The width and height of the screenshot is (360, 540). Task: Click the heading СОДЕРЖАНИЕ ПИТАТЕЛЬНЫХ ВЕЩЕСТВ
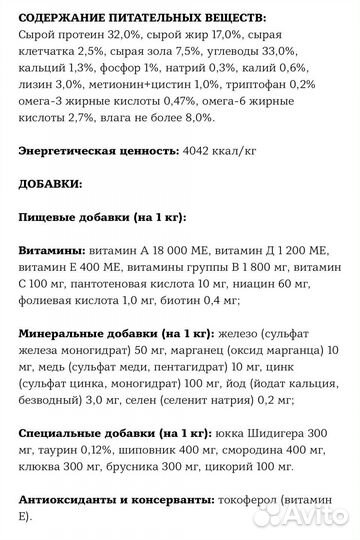pos(129,18)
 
